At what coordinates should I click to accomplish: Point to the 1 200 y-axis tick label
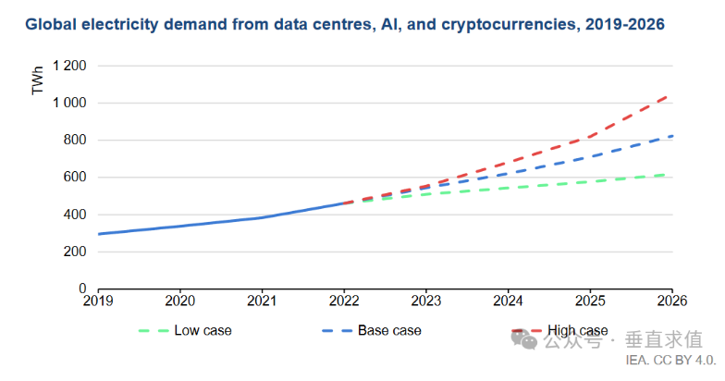(x=70, y=67)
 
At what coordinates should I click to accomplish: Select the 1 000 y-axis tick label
(x=70, y=104)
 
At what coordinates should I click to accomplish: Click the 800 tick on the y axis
(x=76, y=141)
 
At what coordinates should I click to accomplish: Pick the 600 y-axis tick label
(x=76, y=178)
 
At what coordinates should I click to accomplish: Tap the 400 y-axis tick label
(x=76, y=215)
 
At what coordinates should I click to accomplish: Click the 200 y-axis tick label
(x=76, y=252)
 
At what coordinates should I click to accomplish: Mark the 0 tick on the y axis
(x=83, y=289)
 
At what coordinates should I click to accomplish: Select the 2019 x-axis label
(x=98, y=301)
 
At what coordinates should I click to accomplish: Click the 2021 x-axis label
(x=262, y=301)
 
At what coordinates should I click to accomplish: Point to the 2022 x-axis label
(x=344, y=301)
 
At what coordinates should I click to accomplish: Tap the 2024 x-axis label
(x=508, y=301)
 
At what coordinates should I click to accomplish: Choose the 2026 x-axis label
(x=671, y=301)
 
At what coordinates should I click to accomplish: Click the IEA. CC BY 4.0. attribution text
(x=670, y=360)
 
